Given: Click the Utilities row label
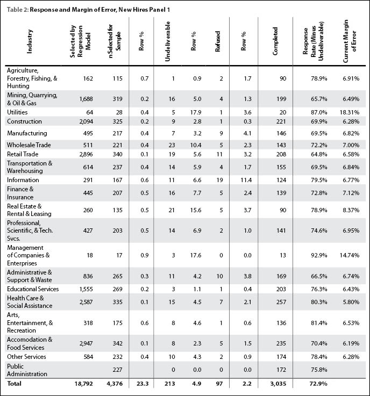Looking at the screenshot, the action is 17,112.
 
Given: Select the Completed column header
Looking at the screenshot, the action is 275,41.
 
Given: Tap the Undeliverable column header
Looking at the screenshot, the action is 167,41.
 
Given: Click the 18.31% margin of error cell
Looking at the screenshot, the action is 350,112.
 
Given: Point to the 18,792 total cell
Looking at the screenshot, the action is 84,384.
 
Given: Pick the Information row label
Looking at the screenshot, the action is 23,180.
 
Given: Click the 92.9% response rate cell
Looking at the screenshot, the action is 319,255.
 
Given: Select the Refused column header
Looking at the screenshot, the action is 218,41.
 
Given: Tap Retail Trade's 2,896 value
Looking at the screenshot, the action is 86,154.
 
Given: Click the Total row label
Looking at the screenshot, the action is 14,383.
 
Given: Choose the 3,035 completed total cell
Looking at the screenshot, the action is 278,384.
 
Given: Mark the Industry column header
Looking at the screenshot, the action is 30,41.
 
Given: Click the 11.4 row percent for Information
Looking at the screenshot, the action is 246,180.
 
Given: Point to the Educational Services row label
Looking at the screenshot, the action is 33,289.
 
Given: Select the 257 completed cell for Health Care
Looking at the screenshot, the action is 281,302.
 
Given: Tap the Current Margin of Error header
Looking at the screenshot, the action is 350,41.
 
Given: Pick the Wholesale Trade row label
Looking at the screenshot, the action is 29,145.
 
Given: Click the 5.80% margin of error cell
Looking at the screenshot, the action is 351,302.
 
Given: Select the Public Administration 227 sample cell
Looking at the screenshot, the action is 118,370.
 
